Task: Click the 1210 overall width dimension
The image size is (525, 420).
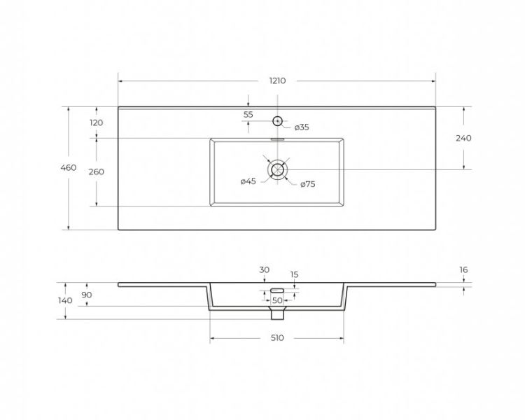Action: point(278,80)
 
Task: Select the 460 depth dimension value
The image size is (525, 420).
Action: point(69,167)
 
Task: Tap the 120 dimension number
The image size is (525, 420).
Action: point(96,123)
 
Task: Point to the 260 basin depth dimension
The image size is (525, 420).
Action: point(96,171)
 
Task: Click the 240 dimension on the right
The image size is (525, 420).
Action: point(463,138)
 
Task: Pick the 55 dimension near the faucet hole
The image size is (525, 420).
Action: point(248,115)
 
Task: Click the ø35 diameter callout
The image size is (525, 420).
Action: point(302,127)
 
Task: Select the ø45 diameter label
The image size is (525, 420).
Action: point(248,181)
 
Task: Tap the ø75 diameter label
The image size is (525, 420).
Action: point(308,184)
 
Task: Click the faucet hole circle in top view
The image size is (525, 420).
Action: point(278,116)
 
